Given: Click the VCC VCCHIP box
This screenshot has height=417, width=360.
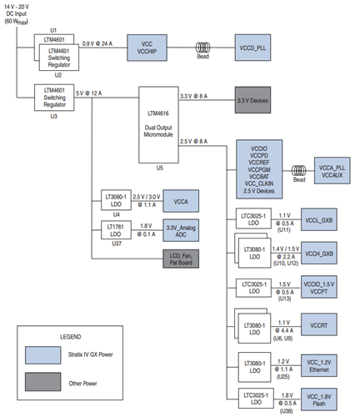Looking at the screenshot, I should (147, 47).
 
